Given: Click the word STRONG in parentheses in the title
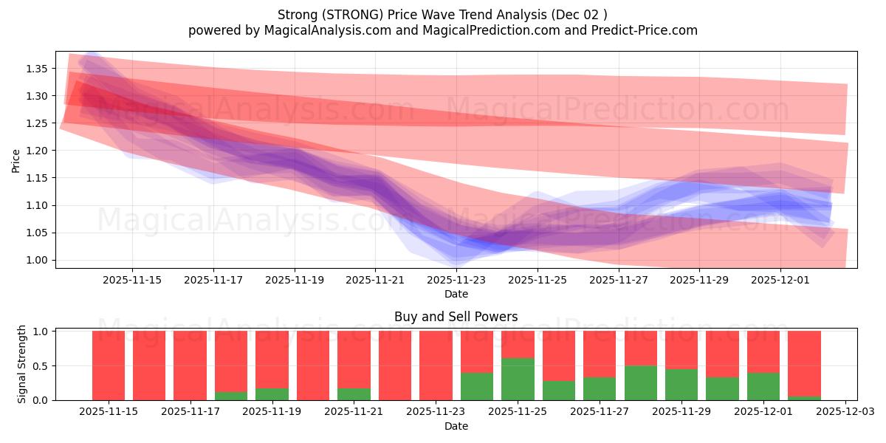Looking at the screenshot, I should (x=358, y=15).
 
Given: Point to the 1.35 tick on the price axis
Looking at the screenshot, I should (x=37, y=69).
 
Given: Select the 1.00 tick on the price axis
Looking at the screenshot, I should (x=37, y=260).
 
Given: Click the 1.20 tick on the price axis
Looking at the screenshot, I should (x=37, y=151).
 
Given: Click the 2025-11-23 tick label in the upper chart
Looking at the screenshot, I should (x=456, y=280).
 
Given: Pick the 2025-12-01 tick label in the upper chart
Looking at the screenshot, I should (x=780, y=280).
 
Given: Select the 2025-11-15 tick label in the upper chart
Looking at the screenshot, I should (x=132, y=280).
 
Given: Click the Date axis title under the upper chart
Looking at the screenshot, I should (x=456, y=294).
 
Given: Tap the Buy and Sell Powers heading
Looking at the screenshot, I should (x=456, y=317).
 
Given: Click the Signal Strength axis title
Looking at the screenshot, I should (x=22, y=364).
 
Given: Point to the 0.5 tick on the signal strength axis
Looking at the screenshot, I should (x=41, y=365).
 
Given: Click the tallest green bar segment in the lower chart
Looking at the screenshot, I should (x=518, y=379).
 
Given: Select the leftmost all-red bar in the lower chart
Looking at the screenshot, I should (x=109, y=365).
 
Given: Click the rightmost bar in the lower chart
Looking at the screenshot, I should (x=804, y=365).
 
